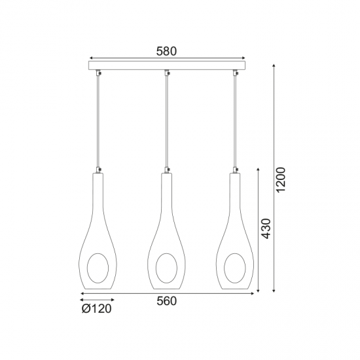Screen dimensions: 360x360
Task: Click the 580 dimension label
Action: tap(166, 51)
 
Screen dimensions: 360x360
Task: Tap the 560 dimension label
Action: tap(167, 301)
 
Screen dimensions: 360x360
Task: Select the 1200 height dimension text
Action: tap(281, 180)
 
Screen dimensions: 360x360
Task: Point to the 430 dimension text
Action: tap(266, 228)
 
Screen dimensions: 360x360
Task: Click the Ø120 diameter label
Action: tap(96, 308)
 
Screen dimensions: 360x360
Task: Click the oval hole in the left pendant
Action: tap(87, 268)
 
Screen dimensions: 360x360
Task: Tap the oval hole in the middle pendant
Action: tap(156, 268)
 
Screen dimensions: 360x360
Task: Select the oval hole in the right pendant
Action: tap(225, 268)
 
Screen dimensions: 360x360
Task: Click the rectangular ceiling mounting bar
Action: tap(167, 65)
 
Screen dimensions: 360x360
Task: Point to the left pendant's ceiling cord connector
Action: tap(98, 73)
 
